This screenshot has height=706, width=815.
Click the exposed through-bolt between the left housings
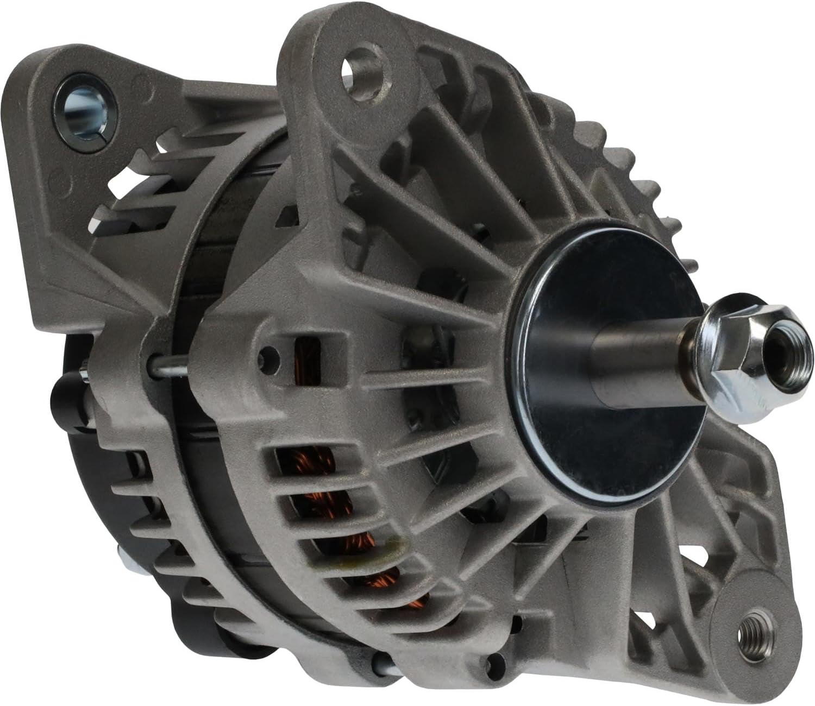click(168, 369)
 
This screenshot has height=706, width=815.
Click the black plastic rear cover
click(81, 489)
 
